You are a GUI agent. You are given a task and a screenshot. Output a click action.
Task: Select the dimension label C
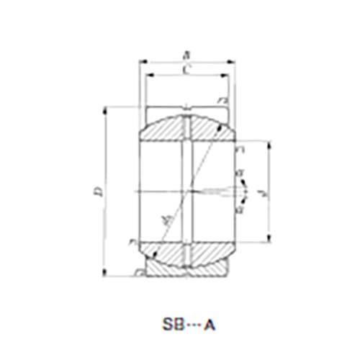tap(187, 70)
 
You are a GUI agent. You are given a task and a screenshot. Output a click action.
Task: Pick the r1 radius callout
tap(240, 148)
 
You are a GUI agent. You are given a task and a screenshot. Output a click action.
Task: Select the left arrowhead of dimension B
tap(140, 60)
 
